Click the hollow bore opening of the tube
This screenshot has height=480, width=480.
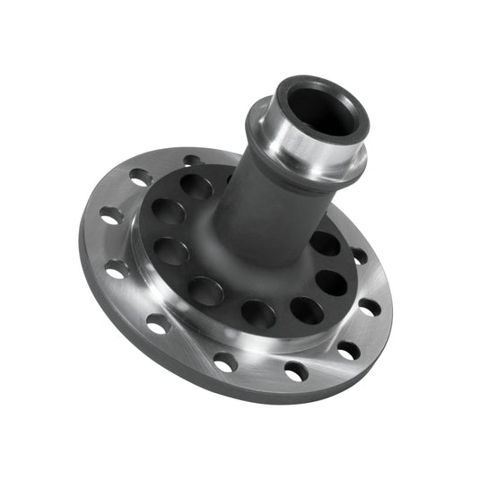(x=322, y=109)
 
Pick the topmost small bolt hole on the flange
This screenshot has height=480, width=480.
(x=191, y=161)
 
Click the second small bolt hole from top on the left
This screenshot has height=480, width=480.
(x=141, y=178)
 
